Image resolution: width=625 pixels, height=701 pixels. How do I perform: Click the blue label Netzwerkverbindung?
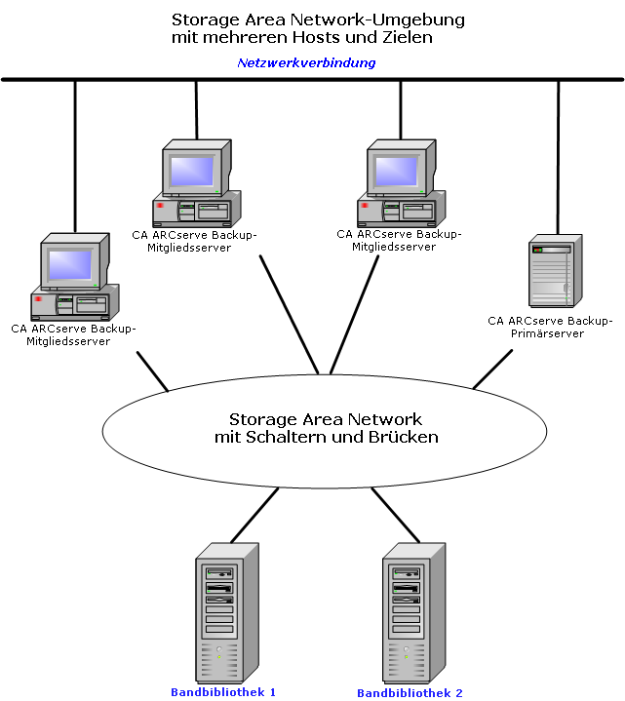(x=306, y=62)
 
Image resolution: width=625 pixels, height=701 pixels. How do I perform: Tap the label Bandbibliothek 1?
(x=223, y=691)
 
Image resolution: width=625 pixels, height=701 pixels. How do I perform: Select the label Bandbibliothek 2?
(x=410, y=693)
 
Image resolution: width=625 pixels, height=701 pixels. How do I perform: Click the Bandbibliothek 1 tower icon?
(x=226, y=609)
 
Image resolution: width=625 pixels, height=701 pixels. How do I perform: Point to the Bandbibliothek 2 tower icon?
(x=413, y=609)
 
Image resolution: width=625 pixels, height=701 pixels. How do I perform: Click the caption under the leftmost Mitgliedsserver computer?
(x=74, y=334)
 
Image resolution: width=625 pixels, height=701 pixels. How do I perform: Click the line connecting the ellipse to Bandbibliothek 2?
(x=395, y=516)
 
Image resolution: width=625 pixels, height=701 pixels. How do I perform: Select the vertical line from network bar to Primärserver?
(x=558, y=156)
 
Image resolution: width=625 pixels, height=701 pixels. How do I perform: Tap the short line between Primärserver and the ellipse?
(x=492, y=370)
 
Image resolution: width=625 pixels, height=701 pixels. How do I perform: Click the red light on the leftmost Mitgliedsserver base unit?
(x=38, y=298)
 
